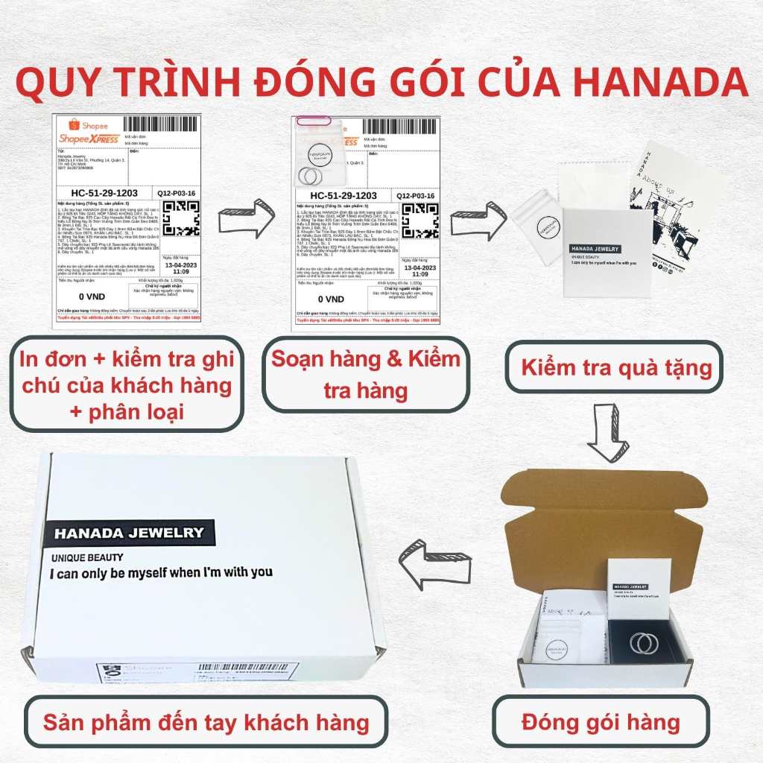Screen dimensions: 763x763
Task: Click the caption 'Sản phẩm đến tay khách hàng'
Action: (x=206, y=721)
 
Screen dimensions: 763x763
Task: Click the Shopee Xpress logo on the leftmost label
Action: (x=89, y=135)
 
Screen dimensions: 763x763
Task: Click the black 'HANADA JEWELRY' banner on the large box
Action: (x=129, y=532)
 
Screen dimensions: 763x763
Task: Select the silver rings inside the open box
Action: (x=643, y=641)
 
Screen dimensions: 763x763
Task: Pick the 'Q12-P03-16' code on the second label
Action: (x=415, y=195)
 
